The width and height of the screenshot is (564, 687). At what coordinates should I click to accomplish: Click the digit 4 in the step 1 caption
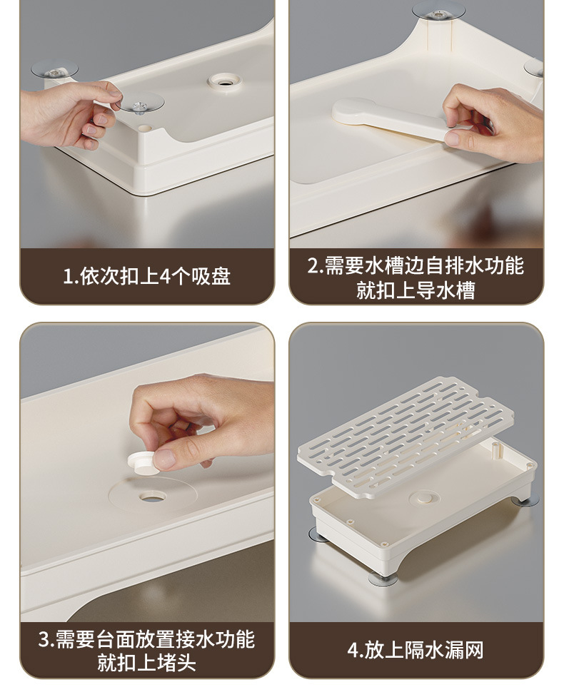pyautogui.click(x=166, y=276)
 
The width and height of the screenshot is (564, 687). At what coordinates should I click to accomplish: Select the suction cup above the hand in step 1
pyautogui.click(x=55, y=69)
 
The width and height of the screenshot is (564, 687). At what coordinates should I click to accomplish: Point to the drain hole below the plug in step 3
pyautogui.click(x=153, y=497)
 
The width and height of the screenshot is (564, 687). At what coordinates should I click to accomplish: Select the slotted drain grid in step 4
pyautogui.click(x=406, y=437)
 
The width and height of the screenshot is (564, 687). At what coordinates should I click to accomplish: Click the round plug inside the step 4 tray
pyautogui.click(x=424, y=498)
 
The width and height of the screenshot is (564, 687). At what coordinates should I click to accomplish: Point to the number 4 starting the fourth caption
pyautogui.click(x=353, y=650)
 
